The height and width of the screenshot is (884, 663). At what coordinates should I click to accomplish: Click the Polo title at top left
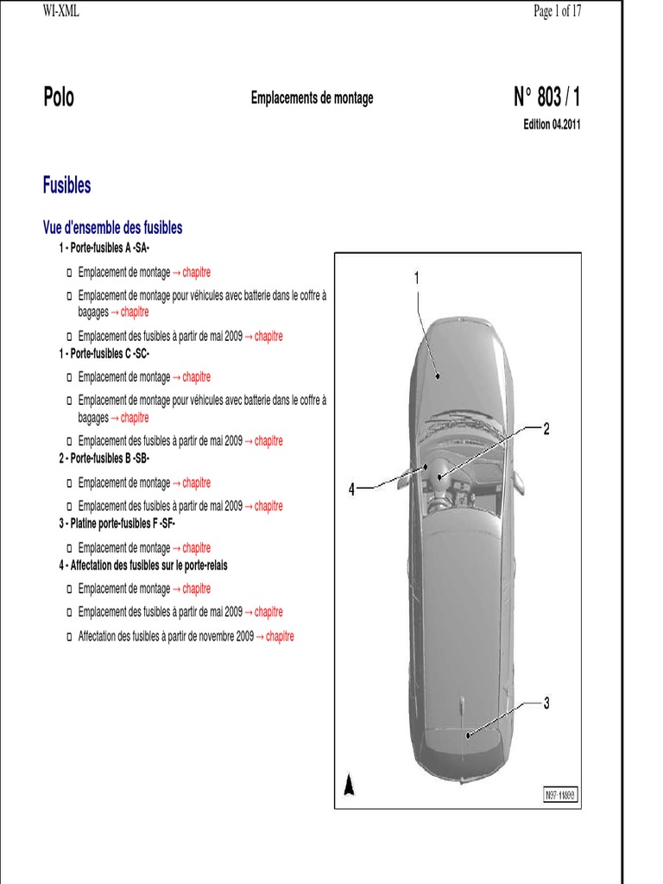click(59, 98)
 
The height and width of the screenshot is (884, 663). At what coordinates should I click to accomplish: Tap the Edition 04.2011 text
click(552, 123)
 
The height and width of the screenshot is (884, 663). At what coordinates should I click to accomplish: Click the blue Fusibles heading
click(66, 185)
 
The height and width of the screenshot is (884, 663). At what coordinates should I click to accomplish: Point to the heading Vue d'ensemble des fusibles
click(112, 228)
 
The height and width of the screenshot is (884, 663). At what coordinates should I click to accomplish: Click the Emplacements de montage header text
click(313, 98)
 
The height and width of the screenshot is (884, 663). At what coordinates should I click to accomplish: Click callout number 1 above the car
click(416, 277)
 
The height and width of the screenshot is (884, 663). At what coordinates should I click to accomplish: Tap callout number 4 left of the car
click(351, 489)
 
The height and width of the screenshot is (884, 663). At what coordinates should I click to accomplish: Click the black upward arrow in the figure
click(350, 785)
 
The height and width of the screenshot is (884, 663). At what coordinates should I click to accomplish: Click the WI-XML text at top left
click(61, 10)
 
